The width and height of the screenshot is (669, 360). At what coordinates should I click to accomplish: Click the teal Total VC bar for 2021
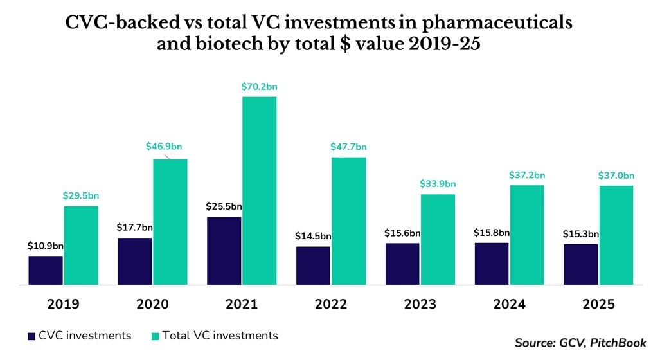[259, 190]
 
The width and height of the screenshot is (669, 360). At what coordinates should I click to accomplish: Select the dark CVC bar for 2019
[46, 270]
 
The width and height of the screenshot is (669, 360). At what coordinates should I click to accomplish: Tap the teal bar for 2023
[438, 239]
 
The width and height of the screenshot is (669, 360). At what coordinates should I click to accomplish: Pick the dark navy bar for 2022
[313, 265]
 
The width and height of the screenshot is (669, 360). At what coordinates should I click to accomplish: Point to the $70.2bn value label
[260, 86]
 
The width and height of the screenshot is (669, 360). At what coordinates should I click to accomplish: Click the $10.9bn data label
[46, 246]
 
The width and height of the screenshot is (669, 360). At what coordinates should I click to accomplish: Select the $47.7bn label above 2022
[349, 147]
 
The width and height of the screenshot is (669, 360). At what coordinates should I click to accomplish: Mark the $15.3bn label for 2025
[581, 233]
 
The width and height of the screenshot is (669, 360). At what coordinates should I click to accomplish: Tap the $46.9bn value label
[170, 147]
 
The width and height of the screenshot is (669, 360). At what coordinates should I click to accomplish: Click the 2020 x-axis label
[152, 304]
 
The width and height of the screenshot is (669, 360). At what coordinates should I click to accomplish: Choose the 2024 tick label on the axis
[510, 304]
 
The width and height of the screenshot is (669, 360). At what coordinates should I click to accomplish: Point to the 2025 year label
[599, 304]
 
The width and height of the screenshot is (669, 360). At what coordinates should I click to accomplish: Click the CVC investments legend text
[85, 336]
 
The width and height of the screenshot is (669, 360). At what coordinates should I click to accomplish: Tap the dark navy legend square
[31, 336]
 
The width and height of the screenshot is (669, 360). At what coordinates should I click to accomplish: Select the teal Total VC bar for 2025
[616, 235]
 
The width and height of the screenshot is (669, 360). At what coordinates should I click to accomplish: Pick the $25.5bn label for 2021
[224, 206]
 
